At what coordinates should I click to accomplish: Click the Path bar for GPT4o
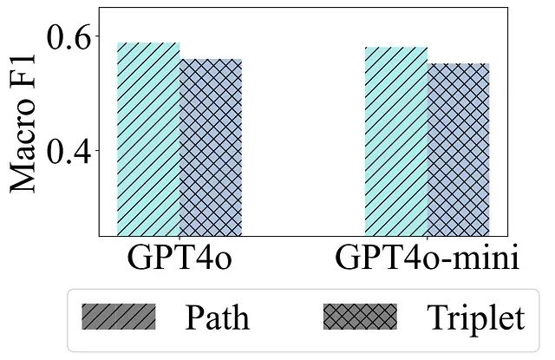click(148, 139)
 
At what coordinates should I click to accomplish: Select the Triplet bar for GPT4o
click(211, 147)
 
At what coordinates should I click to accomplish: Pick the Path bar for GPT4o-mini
click(396, 141)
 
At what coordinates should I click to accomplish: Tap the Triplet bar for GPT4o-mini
click(459, 149)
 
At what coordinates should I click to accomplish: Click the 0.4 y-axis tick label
click(67, 151)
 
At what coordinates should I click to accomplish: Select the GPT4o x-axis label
click(180, 259)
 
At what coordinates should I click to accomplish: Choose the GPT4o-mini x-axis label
click(427, 259)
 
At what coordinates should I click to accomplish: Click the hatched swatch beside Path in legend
click(119, 317)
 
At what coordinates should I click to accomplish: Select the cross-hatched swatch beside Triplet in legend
click(359, 317)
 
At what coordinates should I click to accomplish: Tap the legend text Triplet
click(474, 318)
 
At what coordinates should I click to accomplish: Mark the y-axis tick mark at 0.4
click(95, 150)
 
